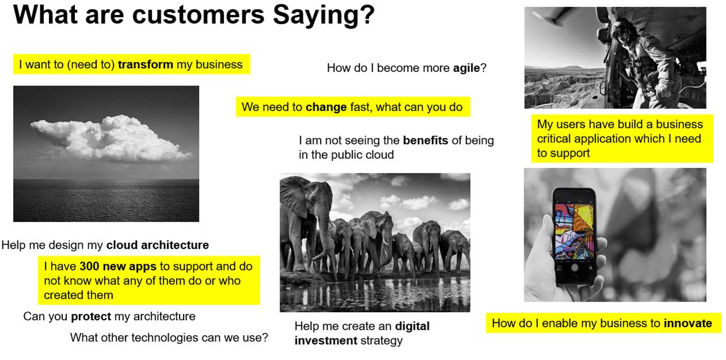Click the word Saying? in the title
click(x=323, y=16)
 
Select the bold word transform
click(x=146, y=64)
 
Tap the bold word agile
click(x=467, y=68)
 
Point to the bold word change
click(x=326, y=108)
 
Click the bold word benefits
click(x=426, y=140)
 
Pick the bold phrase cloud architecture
click(x=158, y=245)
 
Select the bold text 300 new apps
click(x=118, y=266)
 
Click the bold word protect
click(x=91, y=316)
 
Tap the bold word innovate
click(x=688, y=323)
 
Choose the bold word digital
click(x=412, y=326)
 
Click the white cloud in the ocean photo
click(x=110, y=139)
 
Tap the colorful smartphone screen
click(x=575, y=231)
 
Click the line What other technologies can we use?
click(x=169, y=338)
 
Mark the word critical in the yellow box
click(x=553, y=139)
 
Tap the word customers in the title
click(x=198, y=15)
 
